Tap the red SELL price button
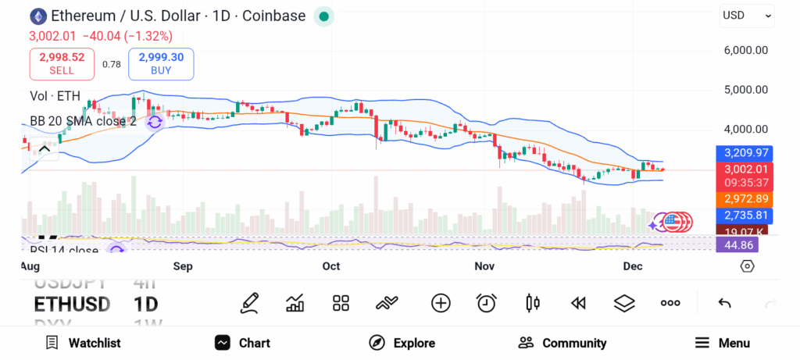point(62,63)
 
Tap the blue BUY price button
point(161,63)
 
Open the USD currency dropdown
point(746,15)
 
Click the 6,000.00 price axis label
point(746,50)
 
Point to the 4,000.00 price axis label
point(746,129)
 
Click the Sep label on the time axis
point(183,266)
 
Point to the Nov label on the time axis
point(484,266)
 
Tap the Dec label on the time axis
point(633,266)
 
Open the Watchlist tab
point(83,343)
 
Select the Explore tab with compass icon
point(402,343)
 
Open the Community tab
point(562,343)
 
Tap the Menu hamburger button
point(722,343)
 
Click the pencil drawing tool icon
point(250,303)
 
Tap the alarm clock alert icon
point(487,303)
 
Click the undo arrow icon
point(724,303)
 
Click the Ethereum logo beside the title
point(37,16)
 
